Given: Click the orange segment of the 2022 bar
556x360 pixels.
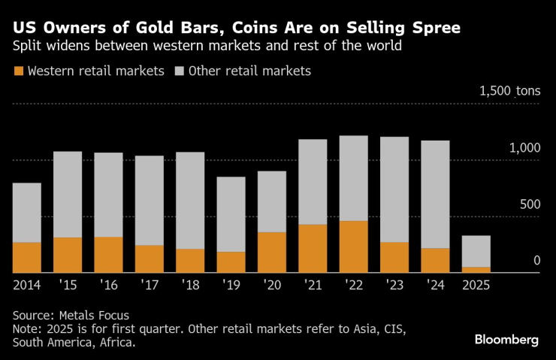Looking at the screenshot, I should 354,247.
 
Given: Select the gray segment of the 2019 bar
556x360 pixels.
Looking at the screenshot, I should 231,214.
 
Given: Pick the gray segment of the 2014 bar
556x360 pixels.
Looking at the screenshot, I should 27,213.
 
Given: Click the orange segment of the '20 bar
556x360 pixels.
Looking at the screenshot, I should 272,253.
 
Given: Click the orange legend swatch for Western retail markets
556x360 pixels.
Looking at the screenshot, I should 18,71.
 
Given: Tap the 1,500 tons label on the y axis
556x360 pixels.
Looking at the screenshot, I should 509,91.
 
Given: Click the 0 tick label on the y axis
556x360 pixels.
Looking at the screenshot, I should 536,261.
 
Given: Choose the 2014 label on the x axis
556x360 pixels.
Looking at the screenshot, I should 27,286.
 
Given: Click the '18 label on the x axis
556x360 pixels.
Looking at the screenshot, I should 190,286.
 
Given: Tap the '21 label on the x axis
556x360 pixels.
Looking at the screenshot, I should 313,286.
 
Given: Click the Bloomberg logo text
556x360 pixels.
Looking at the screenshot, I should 506,340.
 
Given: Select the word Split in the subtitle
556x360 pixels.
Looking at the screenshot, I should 28,47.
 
